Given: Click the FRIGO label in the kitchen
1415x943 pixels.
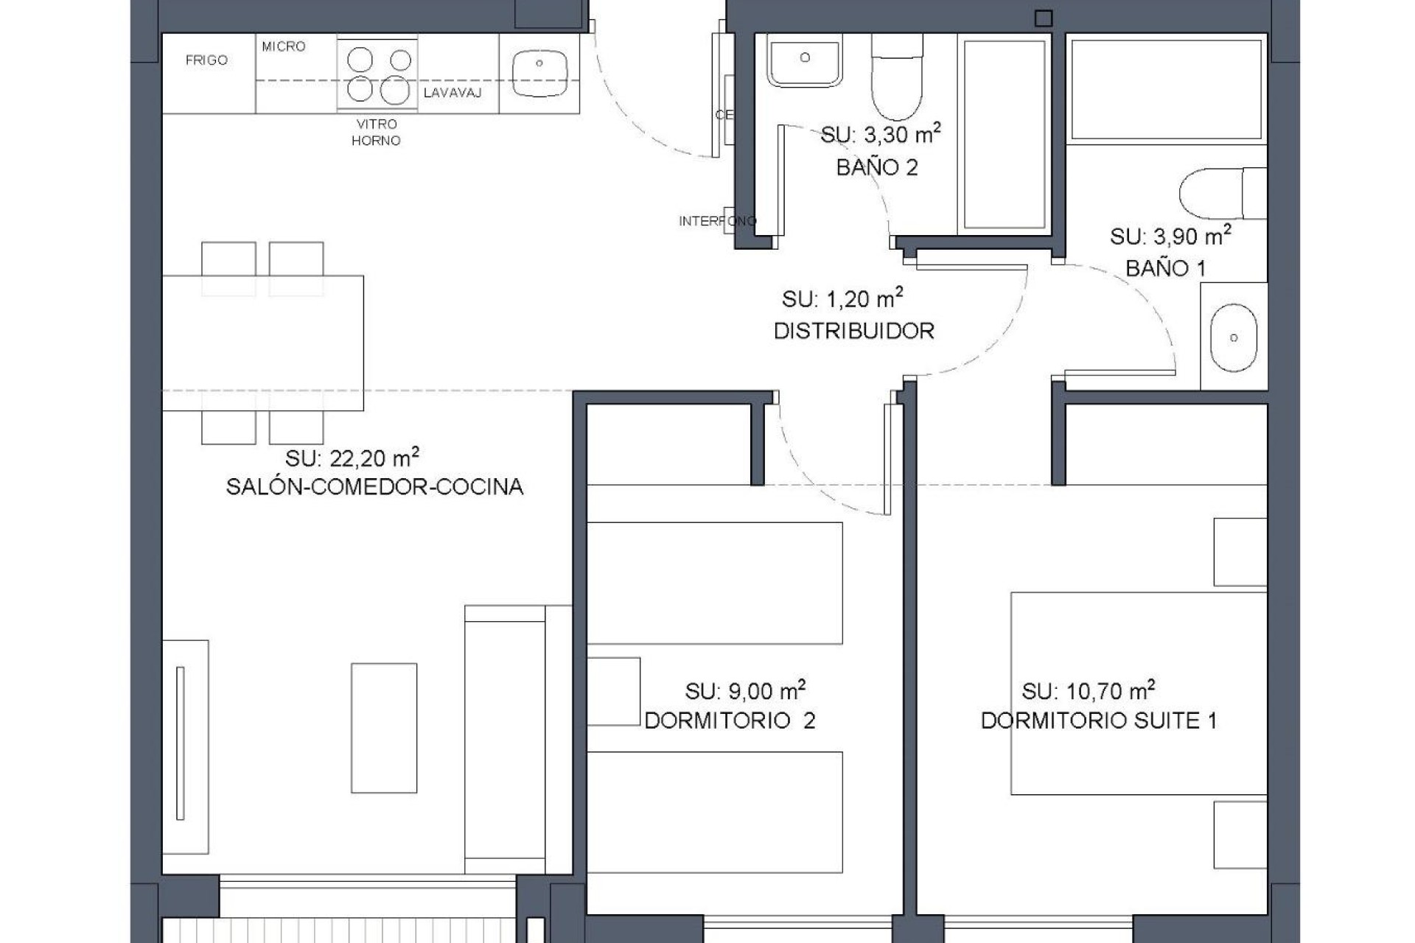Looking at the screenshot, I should [x=206, y=60].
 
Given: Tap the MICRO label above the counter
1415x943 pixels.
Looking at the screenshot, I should [x=283, y=46].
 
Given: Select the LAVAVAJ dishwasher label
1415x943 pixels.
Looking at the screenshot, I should [x=453, y=93].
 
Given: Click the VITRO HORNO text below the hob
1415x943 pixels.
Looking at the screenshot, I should [x=376, y=133].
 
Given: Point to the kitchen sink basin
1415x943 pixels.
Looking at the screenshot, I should [x=539, y=73].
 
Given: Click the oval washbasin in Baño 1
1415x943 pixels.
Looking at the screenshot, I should [x=1233, y=338].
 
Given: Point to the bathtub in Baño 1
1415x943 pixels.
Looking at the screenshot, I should [x=1166, y=89].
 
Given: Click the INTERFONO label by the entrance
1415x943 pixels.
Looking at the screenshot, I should [x=716, y=221].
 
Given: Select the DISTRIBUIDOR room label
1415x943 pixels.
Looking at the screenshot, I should [x=853, y=332].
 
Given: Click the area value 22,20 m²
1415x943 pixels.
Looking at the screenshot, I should [x=352, y=458].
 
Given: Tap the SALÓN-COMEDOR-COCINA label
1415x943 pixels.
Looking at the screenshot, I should [x=374, y=487].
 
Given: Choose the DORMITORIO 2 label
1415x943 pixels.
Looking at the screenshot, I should [x=730, y=721].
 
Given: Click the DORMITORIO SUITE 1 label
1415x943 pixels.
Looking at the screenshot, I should [x=1098, y=721].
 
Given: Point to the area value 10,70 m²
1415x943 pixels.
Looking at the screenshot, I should [x=1088, y=691].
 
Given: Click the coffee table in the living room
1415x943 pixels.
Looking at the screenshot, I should [x=384, y=728].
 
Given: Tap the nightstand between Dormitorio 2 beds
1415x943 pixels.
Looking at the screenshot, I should [x=613, y=691].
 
